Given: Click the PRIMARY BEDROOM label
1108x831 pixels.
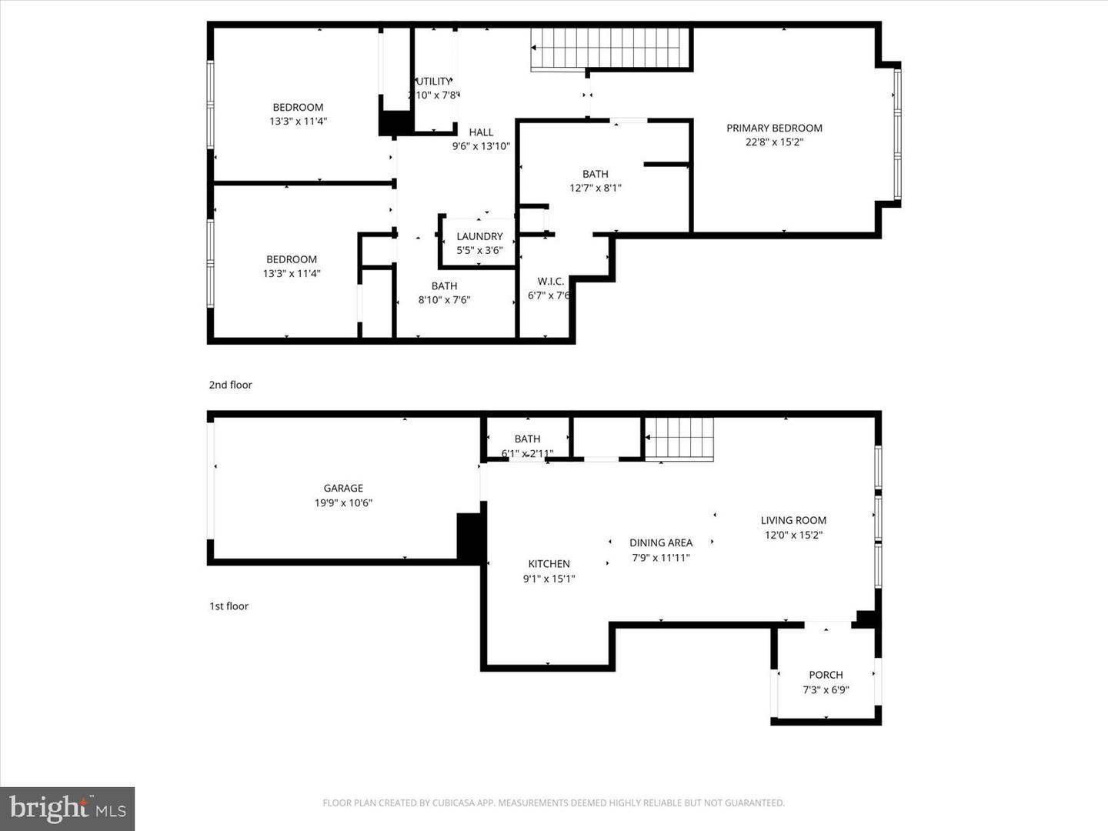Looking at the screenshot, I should (774, 128).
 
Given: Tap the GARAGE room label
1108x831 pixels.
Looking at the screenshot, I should (343, 488).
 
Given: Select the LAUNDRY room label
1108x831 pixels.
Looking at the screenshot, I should (479, 236).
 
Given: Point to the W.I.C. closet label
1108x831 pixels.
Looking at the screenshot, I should (550, 282).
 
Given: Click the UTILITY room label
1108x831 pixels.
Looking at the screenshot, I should (434, 82).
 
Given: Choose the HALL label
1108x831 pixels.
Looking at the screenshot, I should (481, 132).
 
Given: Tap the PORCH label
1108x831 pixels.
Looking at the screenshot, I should (826, 675).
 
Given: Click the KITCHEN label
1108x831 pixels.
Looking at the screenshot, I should (549, 564).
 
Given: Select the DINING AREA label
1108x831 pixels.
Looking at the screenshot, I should (661, 542).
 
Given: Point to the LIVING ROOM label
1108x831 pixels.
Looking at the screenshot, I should (793, 520).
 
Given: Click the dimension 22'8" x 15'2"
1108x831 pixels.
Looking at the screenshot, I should (774, 142).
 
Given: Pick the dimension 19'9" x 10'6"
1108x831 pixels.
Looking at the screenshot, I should (343, 503).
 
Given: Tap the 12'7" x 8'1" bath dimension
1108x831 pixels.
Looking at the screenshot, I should (596, 188).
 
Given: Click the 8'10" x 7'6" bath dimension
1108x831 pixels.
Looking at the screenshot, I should (444, 300).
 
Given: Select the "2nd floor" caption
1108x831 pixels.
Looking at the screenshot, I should (231, 385).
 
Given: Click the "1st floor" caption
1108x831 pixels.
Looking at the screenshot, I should (229, 606).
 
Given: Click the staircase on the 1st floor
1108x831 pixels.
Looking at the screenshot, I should (679, 439).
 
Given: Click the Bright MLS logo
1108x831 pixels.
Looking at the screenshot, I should (68, 808).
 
